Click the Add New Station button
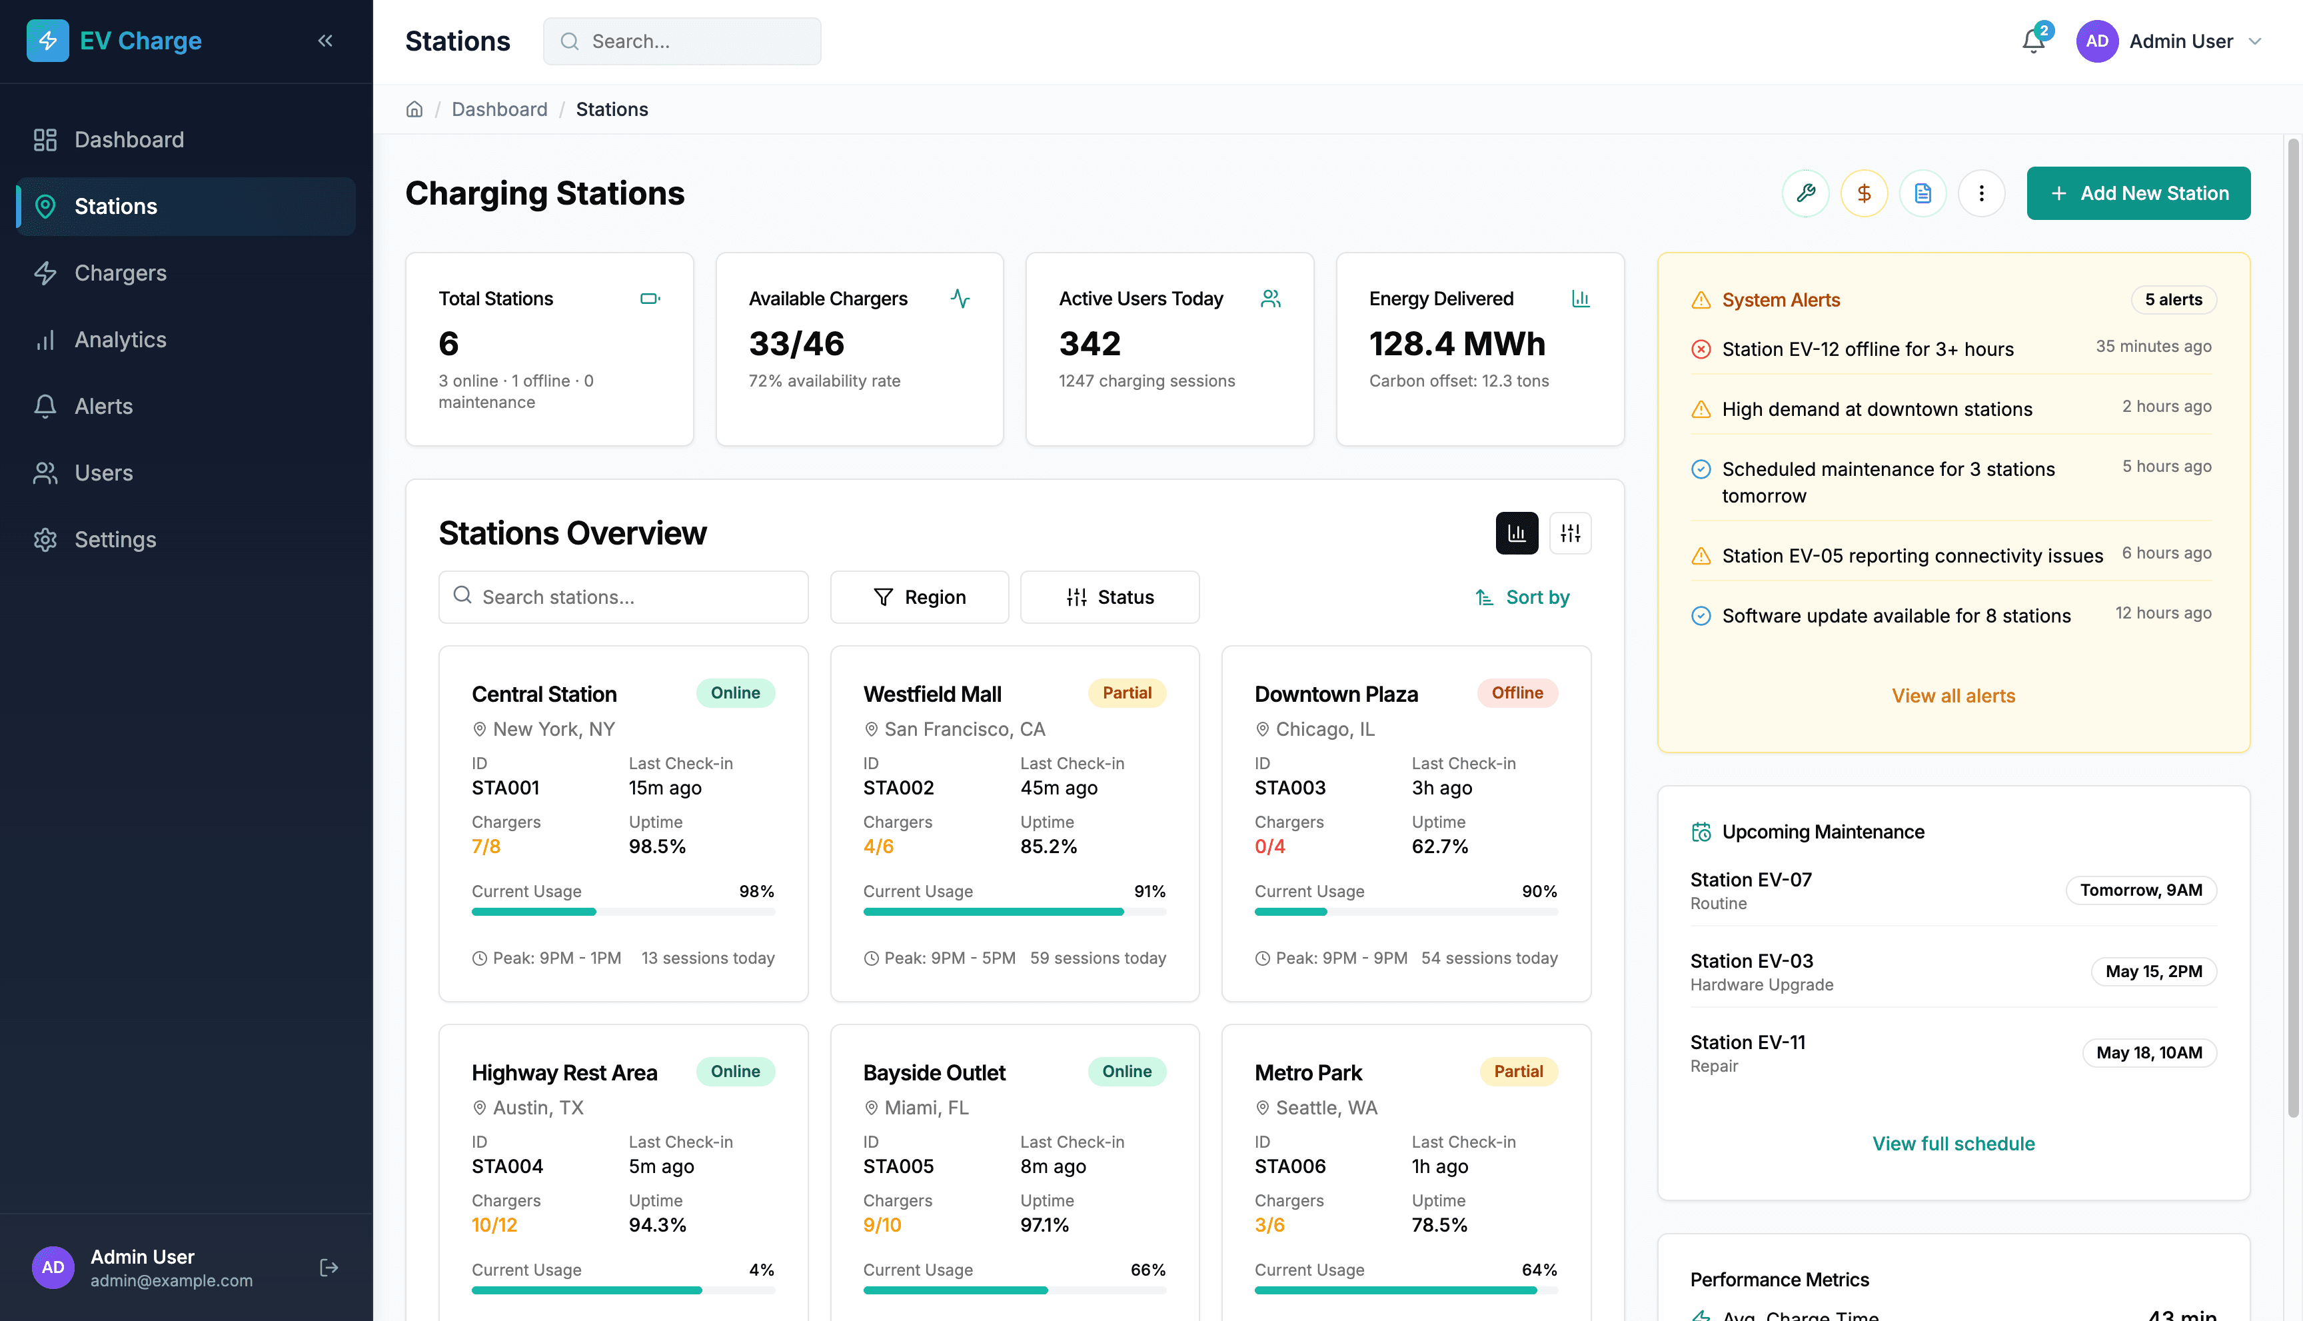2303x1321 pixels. tap(2138, 193)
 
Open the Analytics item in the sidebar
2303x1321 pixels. tap(120, 340)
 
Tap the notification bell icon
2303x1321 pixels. tap(2032, 42)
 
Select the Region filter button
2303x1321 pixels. tap(919, 597)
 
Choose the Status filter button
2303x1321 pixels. tap(1110, 597)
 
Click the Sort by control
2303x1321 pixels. tap(1522, 597)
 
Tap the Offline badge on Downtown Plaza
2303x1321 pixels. tap(1517, 693)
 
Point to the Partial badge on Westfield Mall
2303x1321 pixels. tap(1127, 693)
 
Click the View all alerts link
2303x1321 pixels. tap(1953, 696)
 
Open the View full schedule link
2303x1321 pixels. tap(1953, 1143)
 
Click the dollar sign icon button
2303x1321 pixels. tap(1864, 193)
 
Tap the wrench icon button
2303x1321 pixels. tap(1805, 193)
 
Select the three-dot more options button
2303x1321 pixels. tap(1981, 193)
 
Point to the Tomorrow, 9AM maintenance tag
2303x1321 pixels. tap(2140, 890)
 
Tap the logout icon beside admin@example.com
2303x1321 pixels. tap(329, 1268)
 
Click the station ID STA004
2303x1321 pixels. tap(507, 1167)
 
